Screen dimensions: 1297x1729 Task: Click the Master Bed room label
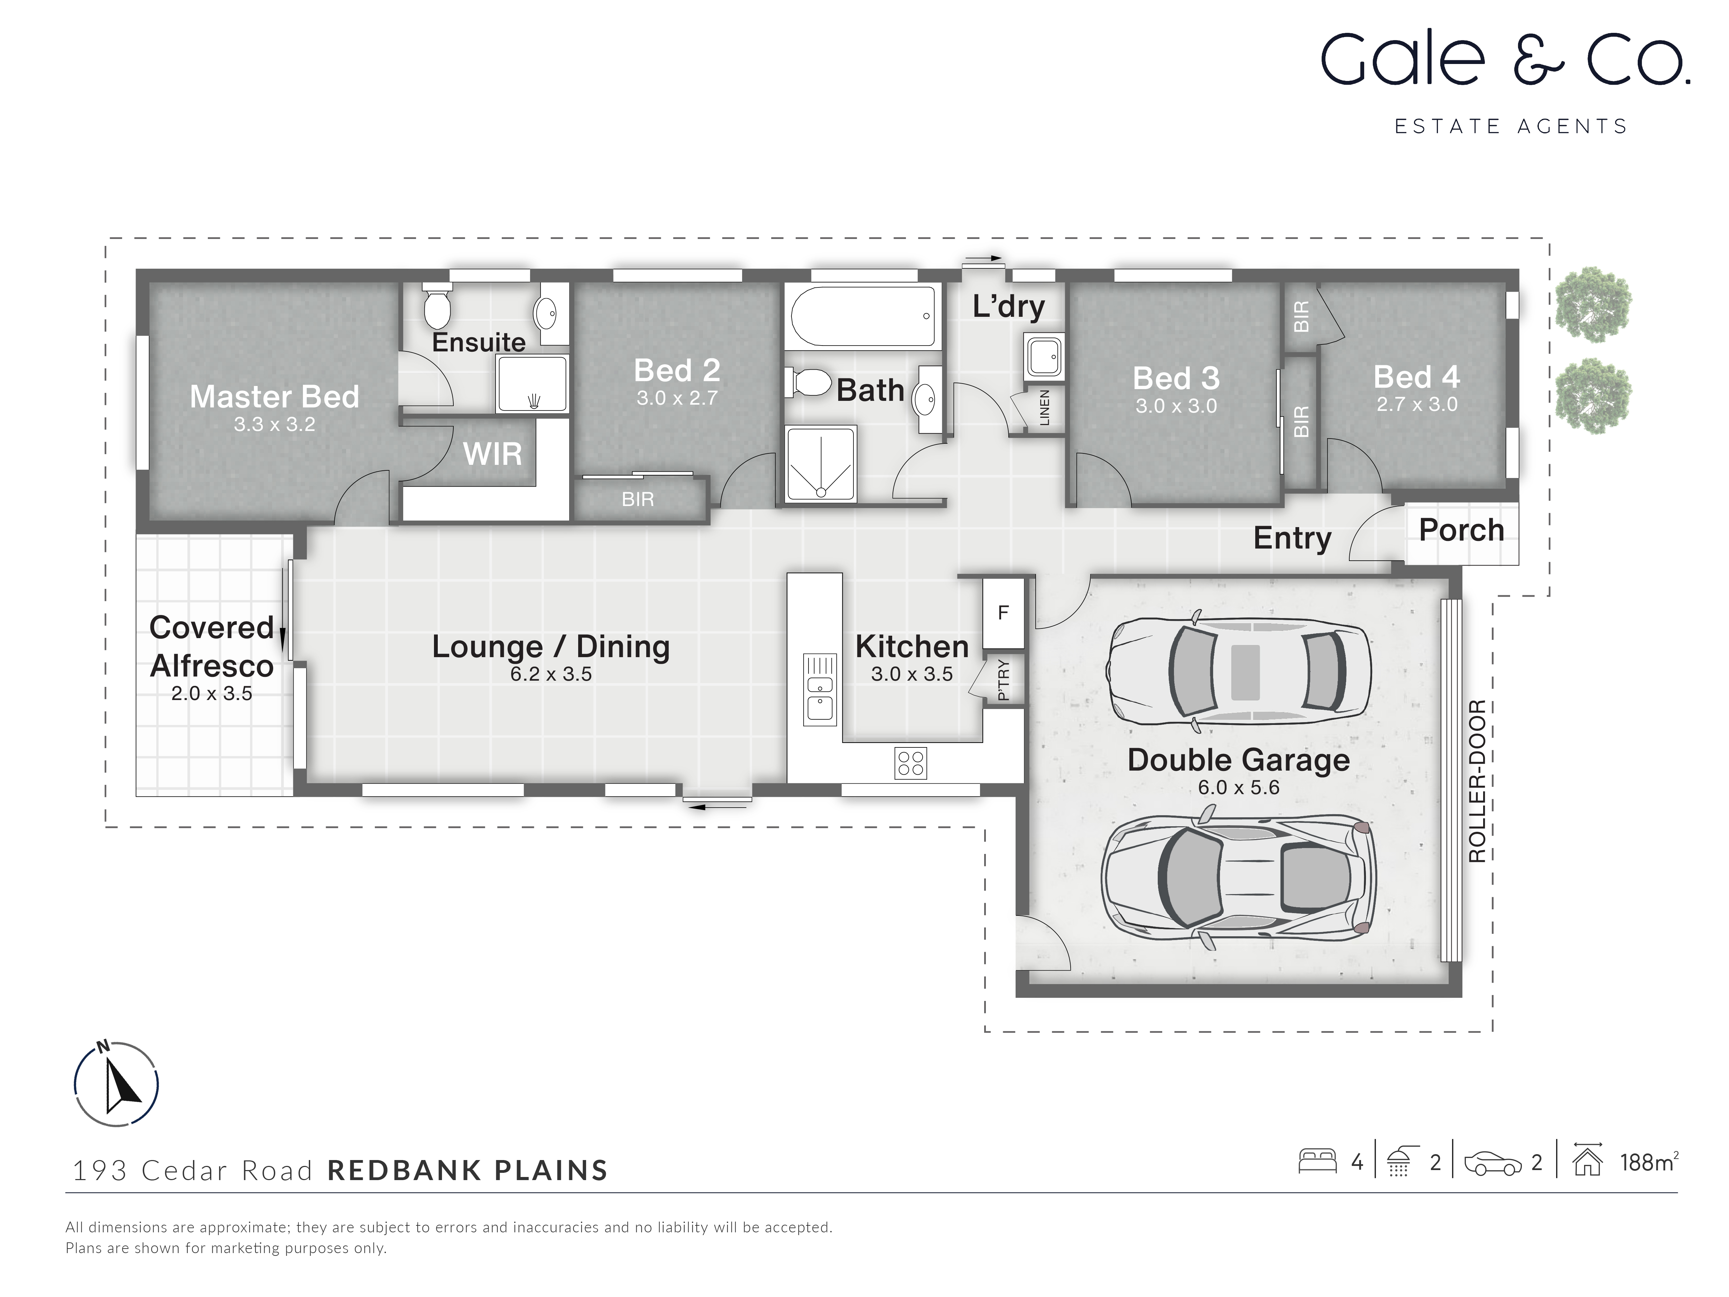[274, 397]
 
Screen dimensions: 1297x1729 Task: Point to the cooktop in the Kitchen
[910, 763]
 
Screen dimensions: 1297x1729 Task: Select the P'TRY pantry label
[1004, 680]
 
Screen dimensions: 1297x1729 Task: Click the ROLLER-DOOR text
[1477, 781]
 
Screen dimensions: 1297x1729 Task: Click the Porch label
[1461, 530]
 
